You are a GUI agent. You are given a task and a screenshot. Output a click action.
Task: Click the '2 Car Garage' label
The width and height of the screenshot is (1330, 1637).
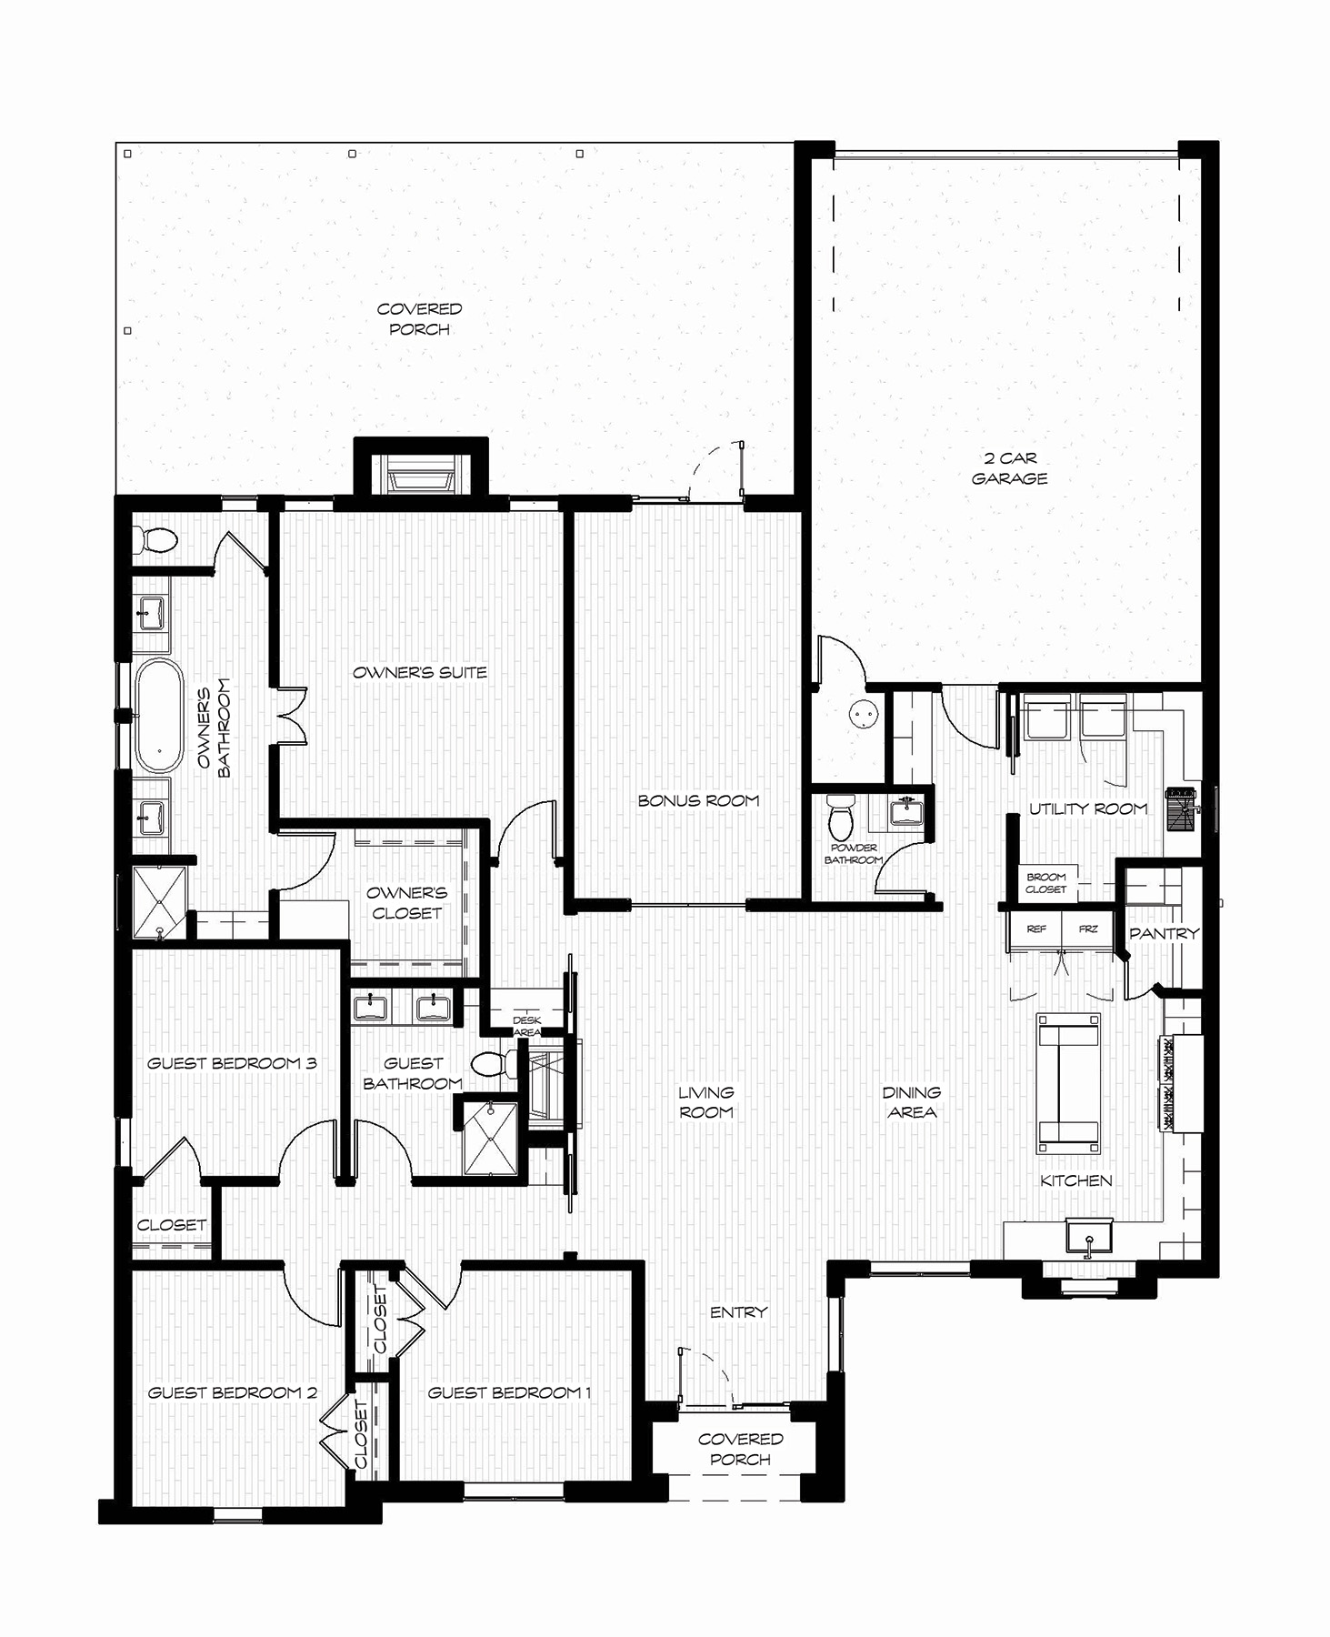point(1009,468)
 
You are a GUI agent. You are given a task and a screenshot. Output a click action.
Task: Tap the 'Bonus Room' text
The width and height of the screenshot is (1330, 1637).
point(698,800)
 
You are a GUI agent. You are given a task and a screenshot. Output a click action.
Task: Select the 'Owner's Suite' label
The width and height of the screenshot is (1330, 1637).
point(420,672)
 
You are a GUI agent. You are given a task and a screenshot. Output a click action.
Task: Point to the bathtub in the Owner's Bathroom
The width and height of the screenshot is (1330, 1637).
point(159,716)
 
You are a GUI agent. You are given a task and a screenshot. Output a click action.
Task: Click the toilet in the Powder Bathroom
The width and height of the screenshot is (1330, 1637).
point(841,816)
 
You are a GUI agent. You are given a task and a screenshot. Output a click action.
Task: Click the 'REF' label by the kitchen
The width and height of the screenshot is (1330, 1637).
point(1036,929)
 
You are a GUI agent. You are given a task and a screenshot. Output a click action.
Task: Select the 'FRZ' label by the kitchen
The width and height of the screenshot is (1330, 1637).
point(1088,929)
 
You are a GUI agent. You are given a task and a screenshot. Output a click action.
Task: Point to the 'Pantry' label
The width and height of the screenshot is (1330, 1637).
point(1164,933)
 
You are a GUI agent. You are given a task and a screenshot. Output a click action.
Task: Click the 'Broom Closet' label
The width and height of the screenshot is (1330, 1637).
point(1045,883)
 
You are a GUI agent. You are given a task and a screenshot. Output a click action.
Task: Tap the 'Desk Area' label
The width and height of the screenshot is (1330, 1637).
point(527,1026)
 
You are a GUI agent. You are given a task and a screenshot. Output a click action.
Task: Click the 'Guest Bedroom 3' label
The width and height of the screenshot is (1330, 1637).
point(232,1062)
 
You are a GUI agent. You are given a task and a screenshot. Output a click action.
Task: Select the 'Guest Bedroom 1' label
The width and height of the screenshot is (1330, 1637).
point(510,1392)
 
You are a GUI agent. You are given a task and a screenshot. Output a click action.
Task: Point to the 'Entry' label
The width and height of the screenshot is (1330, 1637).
point(738,1311)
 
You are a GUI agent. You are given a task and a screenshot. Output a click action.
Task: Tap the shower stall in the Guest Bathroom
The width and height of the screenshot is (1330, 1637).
point(490,1138)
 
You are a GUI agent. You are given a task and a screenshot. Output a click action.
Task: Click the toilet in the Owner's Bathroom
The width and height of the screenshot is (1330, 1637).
point(156,540)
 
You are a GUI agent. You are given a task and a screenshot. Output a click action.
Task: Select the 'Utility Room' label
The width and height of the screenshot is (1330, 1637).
point(1088,808)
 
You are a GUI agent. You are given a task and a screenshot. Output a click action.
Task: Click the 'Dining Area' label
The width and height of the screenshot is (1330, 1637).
point(911,1101)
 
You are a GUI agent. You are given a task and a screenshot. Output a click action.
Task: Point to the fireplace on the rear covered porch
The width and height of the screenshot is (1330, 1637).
point(421,469)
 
